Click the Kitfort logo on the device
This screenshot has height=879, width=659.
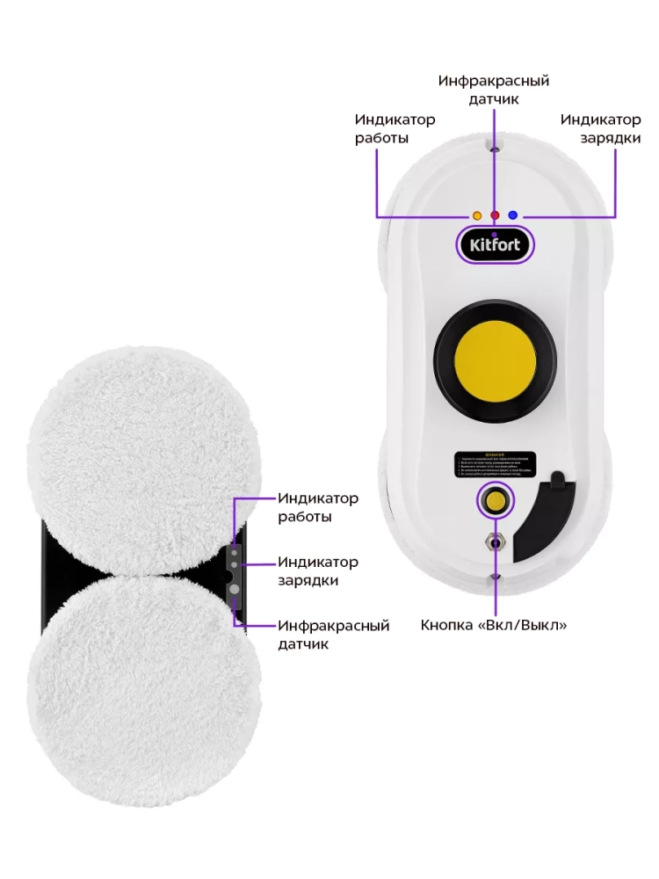pos(494,243)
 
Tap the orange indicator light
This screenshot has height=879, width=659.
pos(477,214)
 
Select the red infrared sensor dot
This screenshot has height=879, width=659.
pos(495,214)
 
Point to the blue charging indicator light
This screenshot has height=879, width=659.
pos(513,214)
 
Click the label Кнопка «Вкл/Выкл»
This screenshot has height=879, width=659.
pos(494,625)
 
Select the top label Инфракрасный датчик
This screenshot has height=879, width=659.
pos(494,90)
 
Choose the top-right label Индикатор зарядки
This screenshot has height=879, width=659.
pos(600,128)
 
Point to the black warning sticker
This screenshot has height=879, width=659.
pos(494,463)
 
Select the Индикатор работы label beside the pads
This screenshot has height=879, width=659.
pos(318,507)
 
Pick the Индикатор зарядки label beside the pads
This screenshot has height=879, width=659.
pos(318,570)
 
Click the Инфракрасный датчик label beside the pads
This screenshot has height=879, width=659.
pos(333,635)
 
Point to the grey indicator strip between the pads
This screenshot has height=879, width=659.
pos(235,577)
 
